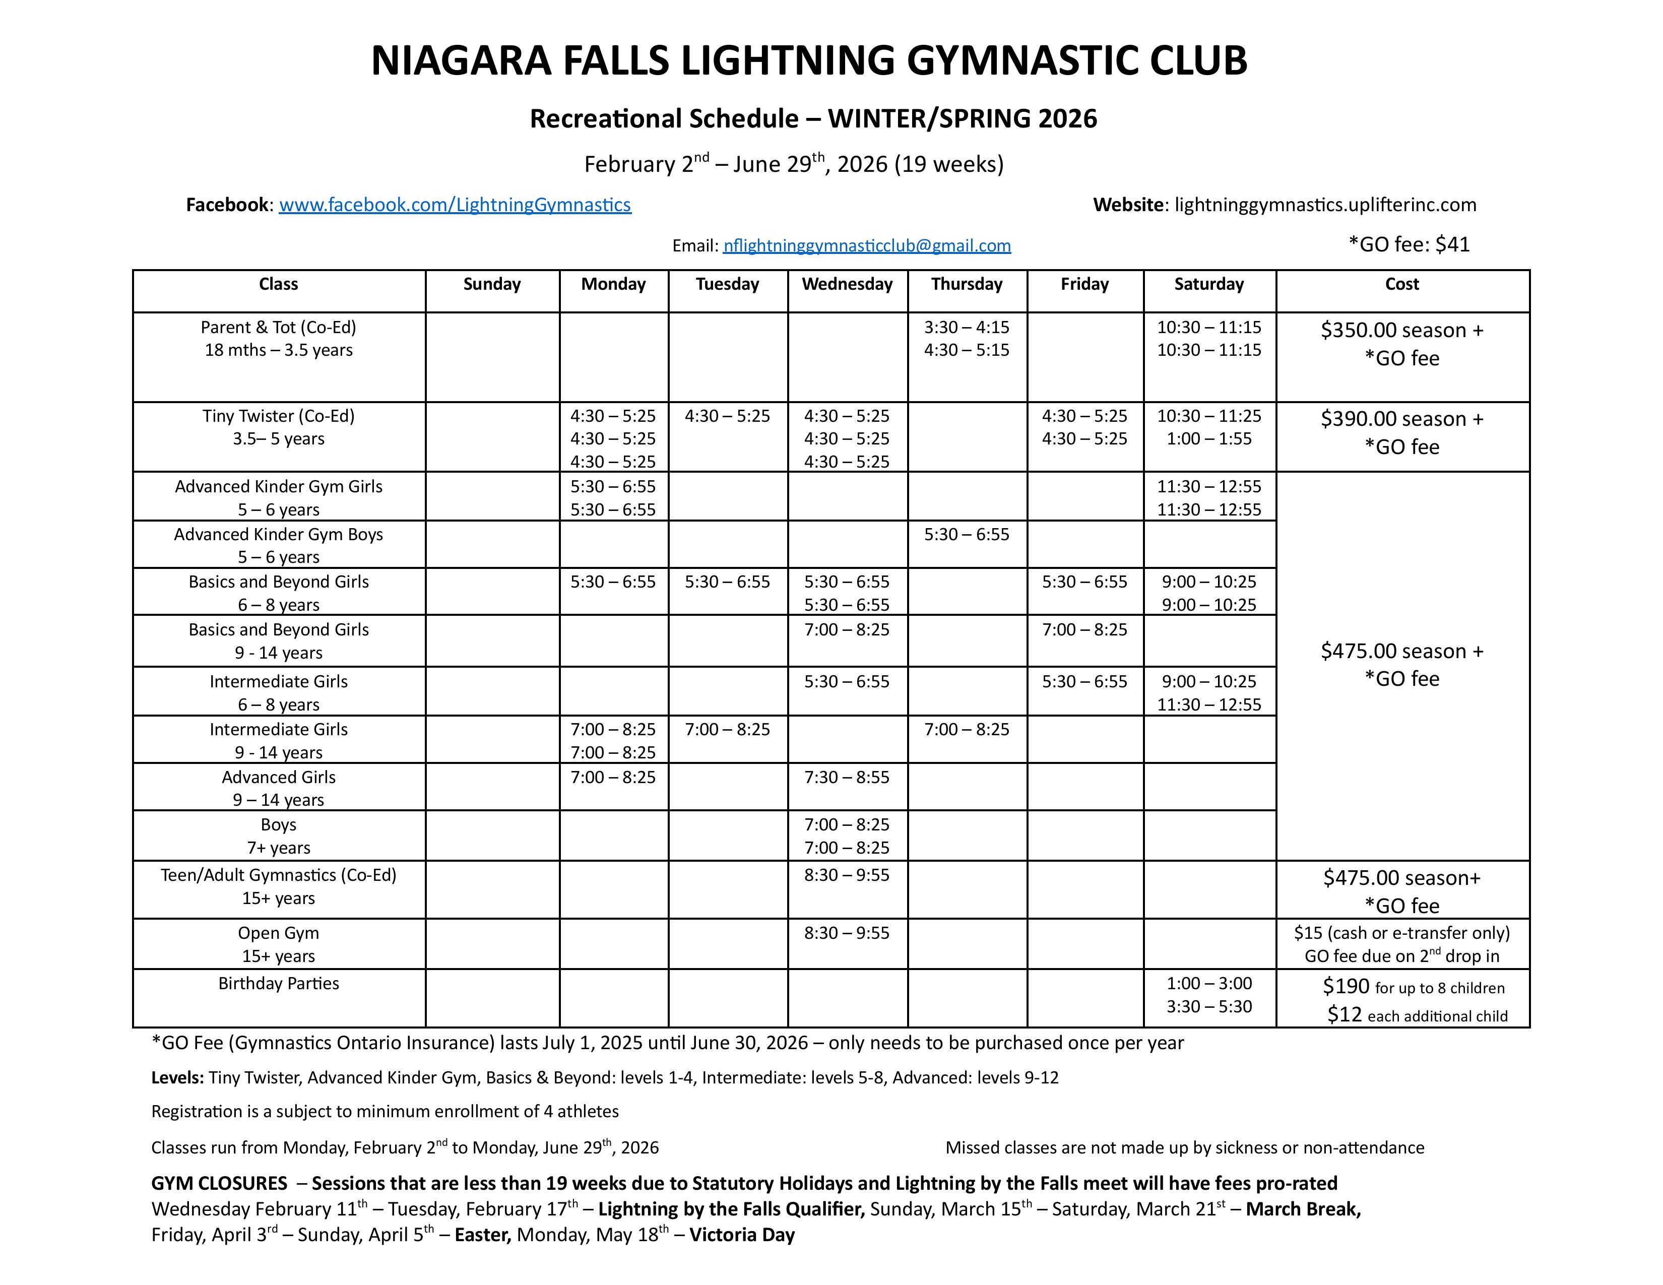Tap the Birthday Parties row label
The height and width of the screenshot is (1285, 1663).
279,984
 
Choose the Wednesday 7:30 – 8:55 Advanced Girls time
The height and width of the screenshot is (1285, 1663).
847,777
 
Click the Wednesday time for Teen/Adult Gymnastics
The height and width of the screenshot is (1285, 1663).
847,875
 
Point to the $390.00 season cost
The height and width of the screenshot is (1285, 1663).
1402,419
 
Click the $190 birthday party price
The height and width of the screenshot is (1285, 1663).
1346,987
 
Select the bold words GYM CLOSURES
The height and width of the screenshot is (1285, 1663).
219,1184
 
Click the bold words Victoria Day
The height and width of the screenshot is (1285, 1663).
742,1235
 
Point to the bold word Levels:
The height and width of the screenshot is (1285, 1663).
177,1078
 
